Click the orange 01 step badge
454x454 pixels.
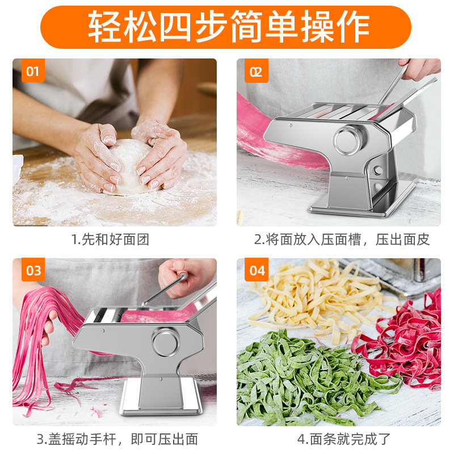coord(32,72)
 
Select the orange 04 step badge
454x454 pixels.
coord(257,271)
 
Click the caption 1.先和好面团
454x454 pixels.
coord(111,239)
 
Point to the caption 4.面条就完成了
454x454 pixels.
coord(344,439)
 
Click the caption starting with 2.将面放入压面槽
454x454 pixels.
coord(341,239)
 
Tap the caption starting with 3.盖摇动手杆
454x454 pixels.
coord(117,439)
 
